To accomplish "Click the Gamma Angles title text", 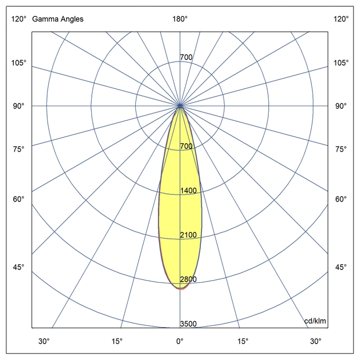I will [x=57, y=19].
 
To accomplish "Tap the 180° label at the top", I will [x=180, y=19].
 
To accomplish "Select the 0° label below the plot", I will [x=180, y=341].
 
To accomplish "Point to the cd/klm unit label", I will [x=315, y=321].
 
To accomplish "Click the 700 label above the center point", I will [x=186, y=57].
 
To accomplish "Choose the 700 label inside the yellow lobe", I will [x=186, y=146].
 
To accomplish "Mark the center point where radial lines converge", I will [x=181, y=106].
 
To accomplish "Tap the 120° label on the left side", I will [x=19, y=19].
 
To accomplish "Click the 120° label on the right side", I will [x=341, y=19].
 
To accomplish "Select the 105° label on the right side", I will [x=341, y=63].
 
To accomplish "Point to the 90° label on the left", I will [x=19, y=106].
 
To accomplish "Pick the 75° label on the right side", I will [x=341, y=149].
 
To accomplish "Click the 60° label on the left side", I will [x=19, y=199].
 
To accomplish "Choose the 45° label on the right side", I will [x=341, y=267].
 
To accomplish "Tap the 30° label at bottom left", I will [x=44, y=341].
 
